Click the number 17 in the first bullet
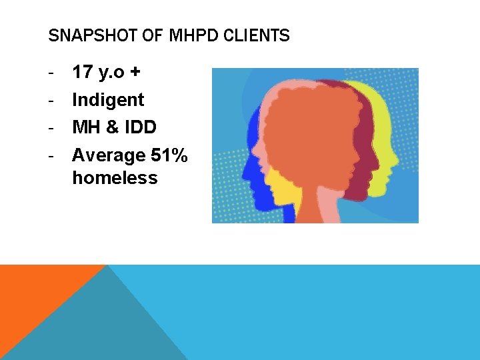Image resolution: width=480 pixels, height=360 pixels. pos(83,72)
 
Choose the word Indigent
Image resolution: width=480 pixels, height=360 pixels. pos(108,100)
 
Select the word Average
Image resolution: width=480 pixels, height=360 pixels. pos(109,156)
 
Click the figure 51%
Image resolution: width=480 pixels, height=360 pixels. pos(169,155)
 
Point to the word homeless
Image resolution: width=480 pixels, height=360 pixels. pos(115,178)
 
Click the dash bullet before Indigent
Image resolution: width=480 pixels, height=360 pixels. pos(51,101)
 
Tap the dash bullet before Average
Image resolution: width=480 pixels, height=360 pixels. pos(51,156)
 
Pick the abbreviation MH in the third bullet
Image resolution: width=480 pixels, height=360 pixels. pos(84,127)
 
